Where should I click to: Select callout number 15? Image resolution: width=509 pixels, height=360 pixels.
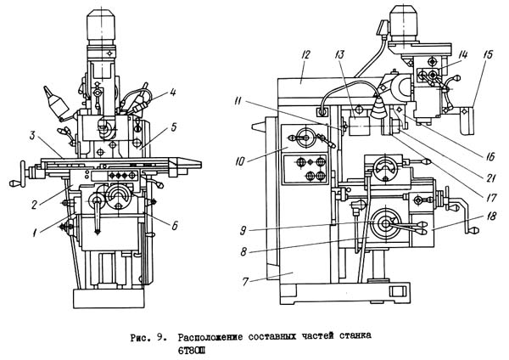click(488, 54)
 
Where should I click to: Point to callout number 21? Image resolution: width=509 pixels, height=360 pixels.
click(489, 177)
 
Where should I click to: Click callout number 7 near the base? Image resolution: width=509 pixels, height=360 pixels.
click(245, 281)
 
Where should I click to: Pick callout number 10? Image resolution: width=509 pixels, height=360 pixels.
click(239, 161)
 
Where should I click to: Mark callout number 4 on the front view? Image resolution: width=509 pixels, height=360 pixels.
click(172, 93)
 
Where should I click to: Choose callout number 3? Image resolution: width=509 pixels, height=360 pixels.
click(32, 135)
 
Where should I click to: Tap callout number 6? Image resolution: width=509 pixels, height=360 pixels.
click(175, 225)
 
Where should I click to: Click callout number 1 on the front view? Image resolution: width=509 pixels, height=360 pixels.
click(34, 233)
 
